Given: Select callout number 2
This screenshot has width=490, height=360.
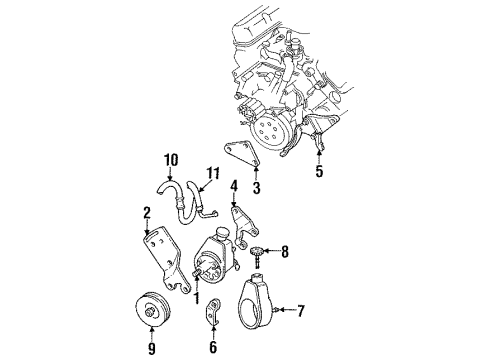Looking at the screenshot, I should [146, 213].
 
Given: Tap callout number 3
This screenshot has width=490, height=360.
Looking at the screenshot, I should [256, 187].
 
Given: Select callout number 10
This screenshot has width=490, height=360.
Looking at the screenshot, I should [170, 158].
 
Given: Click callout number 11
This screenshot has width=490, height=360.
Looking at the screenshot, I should [211, 172].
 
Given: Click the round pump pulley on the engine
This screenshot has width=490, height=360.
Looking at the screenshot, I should [270, 128].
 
